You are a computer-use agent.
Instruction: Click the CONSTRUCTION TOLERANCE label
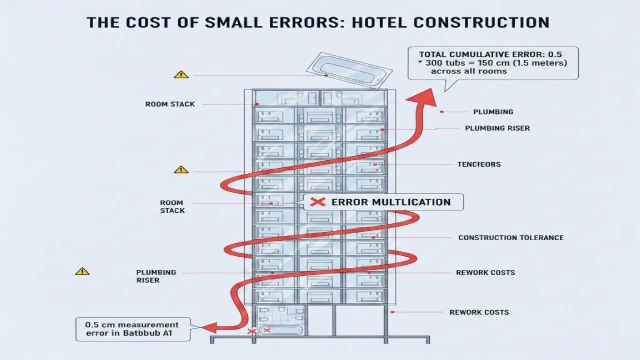pyautogui.click(x=510, y=237)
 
